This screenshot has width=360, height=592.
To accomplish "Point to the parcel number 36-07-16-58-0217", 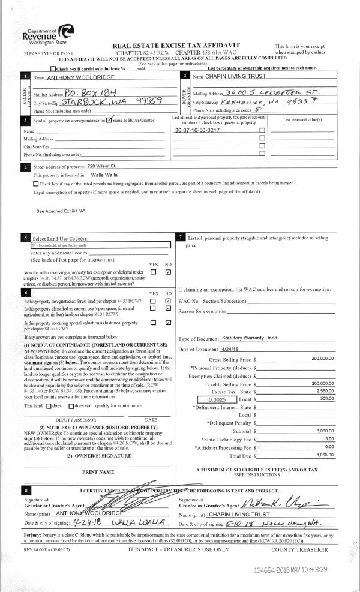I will [x=196, y=130].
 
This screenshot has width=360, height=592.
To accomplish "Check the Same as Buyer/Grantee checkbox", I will [x=109, y=122].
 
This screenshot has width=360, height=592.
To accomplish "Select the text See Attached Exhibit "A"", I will [x=61, y=211].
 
